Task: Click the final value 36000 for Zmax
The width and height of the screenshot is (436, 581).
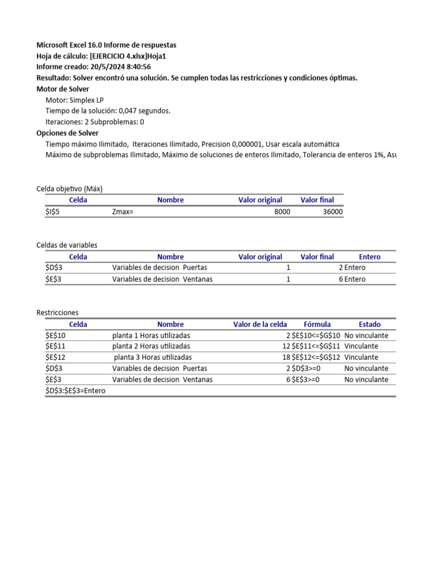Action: pyautogui.click(x=333, y=212)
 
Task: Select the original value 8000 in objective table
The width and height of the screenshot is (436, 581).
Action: pyautogui.click(x=282, y=212)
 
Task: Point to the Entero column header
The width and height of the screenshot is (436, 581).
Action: pyautogui.click(x=370, y=256)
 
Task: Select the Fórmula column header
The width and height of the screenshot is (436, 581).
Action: pyautogui.click(x=317, y=324)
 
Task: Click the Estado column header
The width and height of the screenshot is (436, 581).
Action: pyautogui.click(x=370, y=324)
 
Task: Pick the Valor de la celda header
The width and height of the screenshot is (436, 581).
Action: pyautogui.click(x=260, y=324)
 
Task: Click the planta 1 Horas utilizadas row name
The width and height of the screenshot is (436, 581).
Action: pyautogui.click(x=151, y=335)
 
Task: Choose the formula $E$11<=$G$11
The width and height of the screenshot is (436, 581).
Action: pyautogui.click(x=316, y=346)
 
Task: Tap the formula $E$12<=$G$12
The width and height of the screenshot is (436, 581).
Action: pyautogui.click(x=316, y=357)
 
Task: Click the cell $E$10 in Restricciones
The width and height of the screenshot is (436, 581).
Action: pyautogui.click(x=56, y=335)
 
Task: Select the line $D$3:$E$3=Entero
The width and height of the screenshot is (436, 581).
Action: pyautogui.click(x=76, y=391)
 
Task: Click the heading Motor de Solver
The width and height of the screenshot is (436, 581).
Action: pyautogui.click(x=62, y=89)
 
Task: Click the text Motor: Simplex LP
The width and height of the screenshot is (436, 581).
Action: pyautogui.click(x=74, y=100)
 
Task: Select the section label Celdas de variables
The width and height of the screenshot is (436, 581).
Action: pyautogui.click(x=67, y=245)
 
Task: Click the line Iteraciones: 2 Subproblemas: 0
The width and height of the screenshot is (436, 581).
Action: pyautogui.click(x=95, y=122)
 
